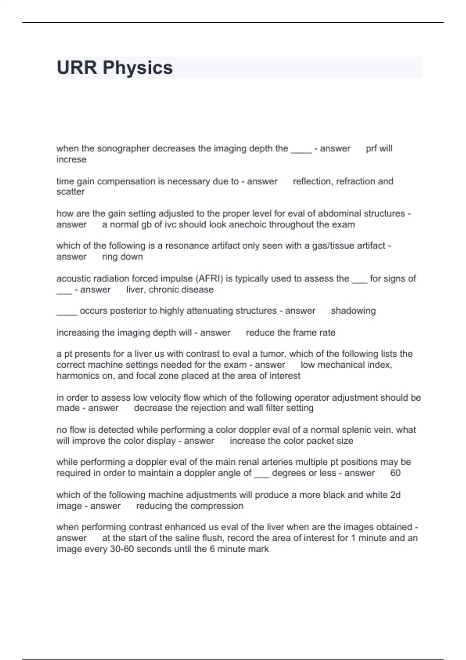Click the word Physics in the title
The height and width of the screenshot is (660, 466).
137,68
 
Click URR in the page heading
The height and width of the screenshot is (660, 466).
77,68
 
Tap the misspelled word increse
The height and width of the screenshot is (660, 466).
71,160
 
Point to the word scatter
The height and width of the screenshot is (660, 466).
70,192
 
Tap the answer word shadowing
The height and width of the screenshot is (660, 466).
353,311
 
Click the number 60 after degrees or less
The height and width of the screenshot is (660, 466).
395,473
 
